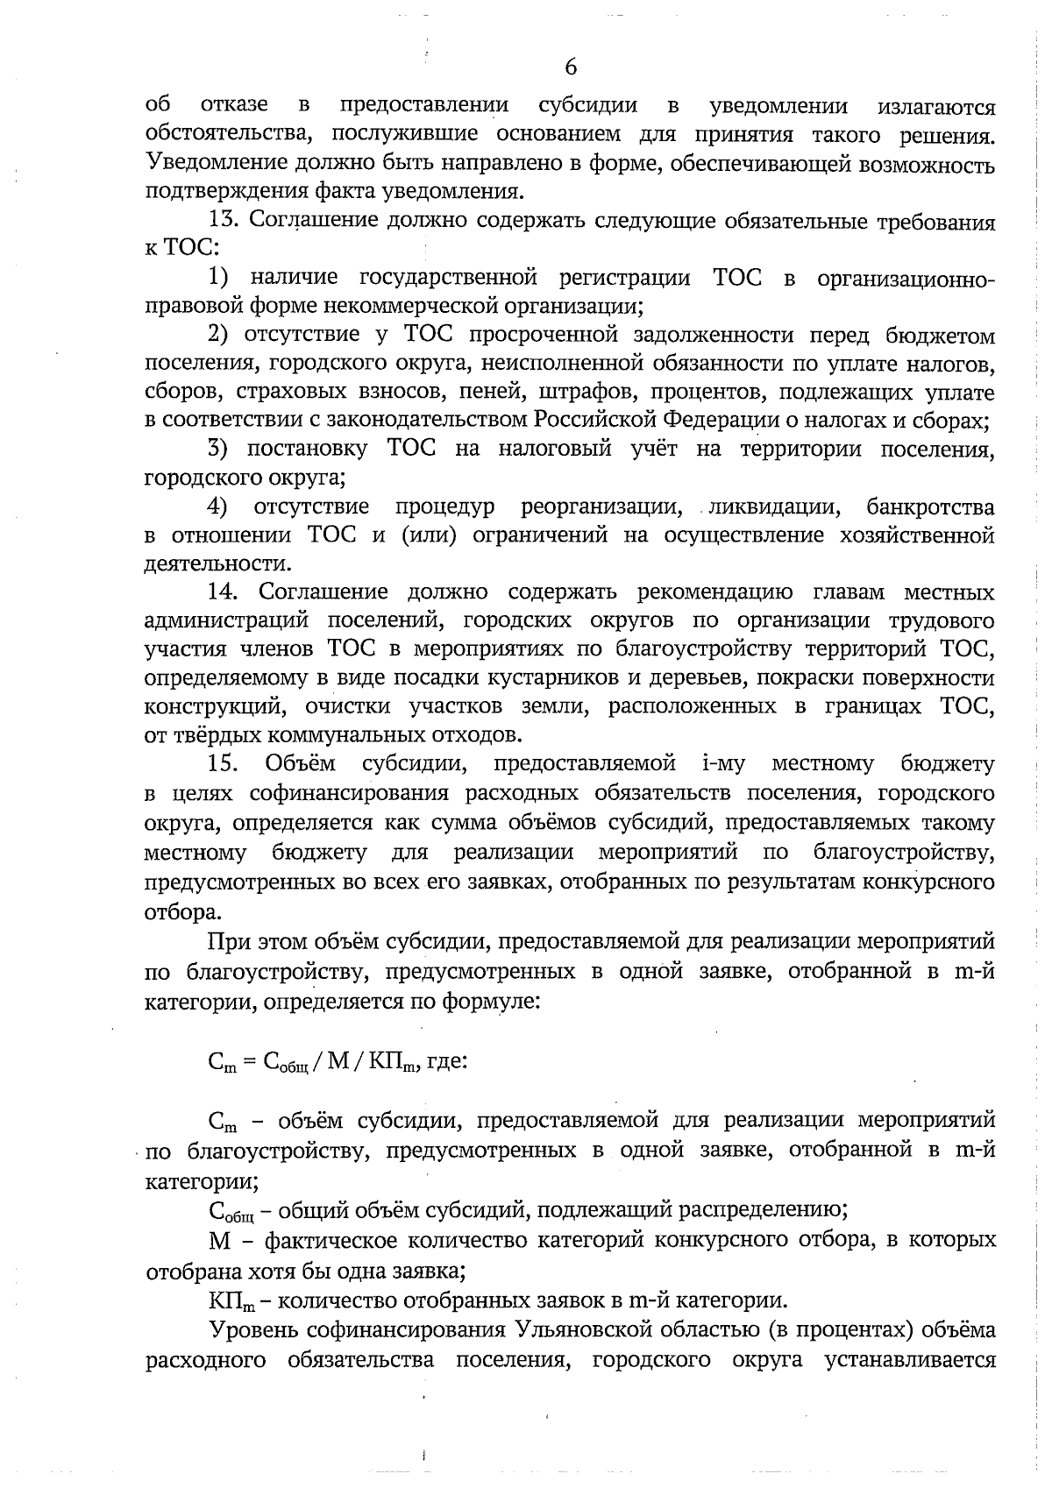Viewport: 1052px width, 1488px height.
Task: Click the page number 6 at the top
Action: coord(572,67)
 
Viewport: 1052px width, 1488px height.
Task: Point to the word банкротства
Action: coord(930,507)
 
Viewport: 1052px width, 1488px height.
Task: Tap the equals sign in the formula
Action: coord(248,1061)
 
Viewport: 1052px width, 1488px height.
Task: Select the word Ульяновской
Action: coord(580,1331)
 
